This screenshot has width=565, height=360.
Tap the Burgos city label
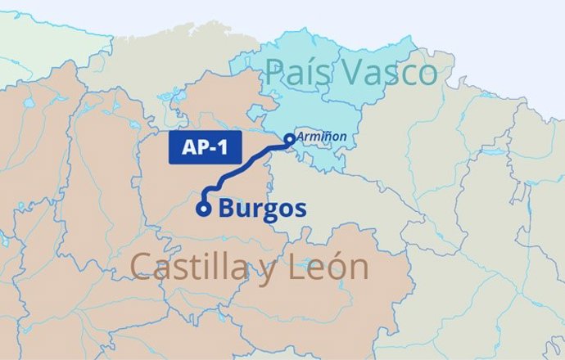(x=261, y=209)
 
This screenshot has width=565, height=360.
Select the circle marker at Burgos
(x=203, y=209)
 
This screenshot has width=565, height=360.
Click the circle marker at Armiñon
(x=289, y=139)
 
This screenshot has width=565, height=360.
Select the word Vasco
(x=390, y=74)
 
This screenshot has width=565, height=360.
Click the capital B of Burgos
(x=225, y=209)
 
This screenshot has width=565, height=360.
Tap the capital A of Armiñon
(x=301, y=138)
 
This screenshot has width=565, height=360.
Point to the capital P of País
(x=273, y=74)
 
